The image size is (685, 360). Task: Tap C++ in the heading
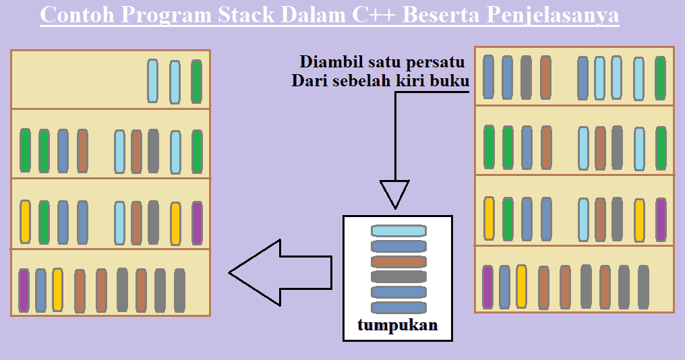coord(372,15)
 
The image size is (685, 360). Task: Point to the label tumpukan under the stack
coord(398,326)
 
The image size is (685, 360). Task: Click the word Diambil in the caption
coord(327,62)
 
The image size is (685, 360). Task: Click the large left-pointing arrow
coord(280,272)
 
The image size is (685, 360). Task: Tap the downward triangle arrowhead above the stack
coord(394,194)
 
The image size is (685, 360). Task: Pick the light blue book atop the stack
coord(398,231)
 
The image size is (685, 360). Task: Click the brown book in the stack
coord(398,262)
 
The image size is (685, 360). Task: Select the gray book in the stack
coord(398,276)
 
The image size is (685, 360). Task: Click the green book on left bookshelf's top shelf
coord(196,81)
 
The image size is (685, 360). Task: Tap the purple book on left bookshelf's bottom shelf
coord(24,290)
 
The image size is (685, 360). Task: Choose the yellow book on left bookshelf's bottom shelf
coord(57,289)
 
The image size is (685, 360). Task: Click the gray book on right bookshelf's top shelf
coord(526,78)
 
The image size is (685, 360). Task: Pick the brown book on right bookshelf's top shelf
coord(545,78)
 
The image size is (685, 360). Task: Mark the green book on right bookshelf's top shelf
coord(660,78)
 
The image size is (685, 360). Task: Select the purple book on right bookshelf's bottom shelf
coord(487,287)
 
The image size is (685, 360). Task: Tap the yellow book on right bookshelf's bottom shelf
coord(521,286)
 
